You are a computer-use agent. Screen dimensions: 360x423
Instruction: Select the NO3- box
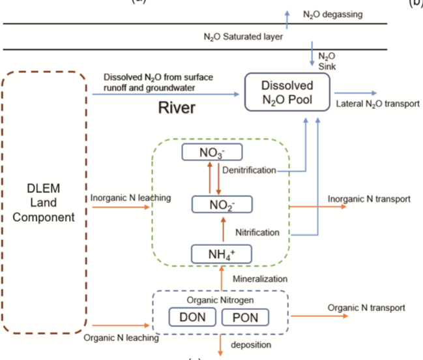click(x=211, y=153)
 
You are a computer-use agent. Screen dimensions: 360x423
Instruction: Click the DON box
click(x=190, y=318)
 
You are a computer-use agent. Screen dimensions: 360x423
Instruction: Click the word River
click(x=177, y=108)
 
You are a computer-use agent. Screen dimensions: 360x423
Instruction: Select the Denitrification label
click(x=249, y=170)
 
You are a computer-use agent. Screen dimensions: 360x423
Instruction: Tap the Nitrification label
click(x=256, y=232)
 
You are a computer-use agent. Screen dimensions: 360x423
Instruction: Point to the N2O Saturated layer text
click(x=243, y=37)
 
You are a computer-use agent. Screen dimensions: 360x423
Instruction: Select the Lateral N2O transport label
click(x=377, y=104)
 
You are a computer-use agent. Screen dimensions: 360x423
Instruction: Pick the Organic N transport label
click(x=366, y=307)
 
